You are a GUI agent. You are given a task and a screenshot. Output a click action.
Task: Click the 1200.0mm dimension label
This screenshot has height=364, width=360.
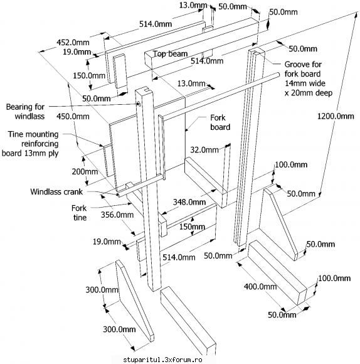336,116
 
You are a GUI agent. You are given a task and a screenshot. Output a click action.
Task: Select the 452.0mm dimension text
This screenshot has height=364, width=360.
73,43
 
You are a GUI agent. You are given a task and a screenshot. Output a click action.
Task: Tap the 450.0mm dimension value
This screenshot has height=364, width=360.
73,116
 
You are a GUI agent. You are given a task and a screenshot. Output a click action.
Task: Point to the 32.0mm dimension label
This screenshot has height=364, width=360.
204,150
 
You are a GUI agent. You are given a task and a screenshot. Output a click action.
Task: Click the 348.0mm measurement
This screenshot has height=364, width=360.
189,202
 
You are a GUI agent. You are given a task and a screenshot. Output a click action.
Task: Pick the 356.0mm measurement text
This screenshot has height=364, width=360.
117,215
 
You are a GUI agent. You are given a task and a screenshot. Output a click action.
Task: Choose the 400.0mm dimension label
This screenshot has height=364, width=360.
260,286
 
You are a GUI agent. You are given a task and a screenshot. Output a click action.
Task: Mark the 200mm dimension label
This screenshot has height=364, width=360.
85,172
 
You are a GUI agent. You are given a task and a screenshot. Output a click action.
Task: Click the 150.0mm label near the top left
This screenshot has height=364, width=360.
89,75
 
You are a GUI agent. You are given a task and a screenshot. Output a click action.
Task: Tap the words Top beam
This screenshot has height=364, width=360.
170,53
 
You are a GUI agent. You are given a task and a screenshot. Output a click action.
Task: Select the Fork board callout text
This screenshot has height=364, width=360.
220,122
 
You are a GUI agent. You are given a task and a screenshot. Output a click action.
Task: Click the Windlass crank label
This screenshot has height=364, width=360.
56,192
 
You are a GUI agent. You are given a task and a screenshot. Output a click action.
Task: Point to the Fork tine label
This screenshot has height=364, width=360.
79,213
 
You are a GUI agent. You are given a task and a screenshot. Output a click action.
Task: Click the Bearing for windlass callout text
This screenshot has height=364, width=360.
25,112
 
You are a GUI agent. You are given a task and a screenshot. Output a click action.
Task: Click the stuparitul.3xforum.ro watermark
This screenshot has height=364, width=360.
162,360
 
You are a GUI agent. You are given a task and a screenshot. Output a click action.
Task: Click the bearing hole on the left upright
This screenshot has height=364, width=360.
139,104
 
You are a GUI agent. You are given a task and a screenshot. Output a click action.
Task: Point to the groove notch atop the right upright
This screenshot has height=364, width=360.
256,51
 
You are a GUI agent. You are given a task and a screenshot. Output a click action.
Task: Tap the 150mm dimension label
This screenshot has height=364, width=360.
192,227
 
